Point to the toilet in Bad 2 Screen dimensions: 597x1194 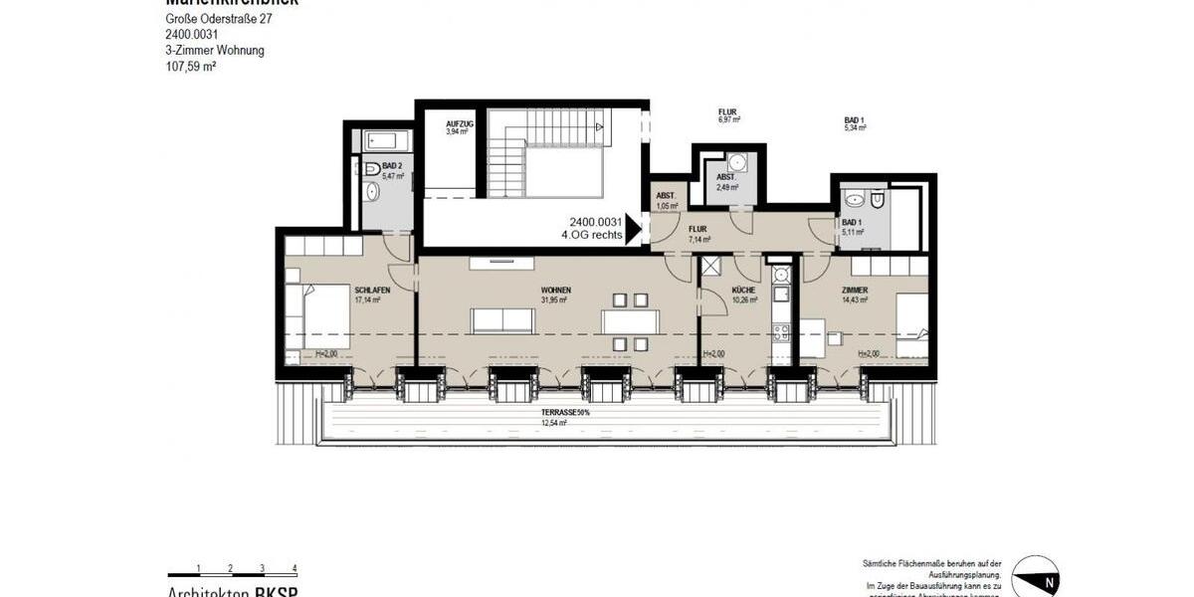(371, 168)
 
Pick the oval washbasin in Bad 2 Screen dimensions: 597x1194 (371, 191)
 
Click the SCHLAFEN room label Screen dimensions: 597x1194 (372, 290)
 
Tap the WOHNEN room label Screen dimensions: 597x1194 (556, 290)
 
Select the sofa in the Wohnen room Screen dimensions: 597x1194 (502, 320)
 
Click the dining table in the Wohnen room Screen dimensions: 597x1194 (630, 321)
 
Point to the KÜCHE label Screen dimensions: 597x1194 (743, 290)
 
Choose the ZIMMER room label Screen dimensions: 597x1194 (855, 290)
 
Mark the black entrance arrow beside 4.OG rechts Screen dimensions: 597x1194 (632, 230)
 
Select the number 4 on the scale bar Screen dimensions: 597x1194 (295, 568)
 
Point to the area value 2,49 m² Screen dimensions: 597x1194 (726, 186)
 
